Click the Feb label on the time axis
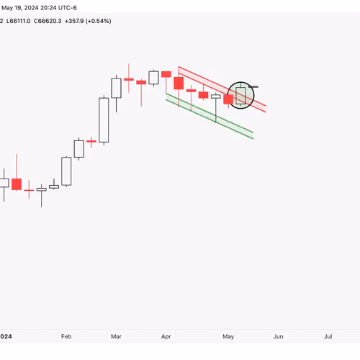click(66, 336)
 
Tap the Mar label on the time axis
click(116, 336)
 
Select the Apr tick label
click(166, 336)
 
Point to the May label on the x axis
click(228, 336)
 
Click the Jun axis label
click(278, 336)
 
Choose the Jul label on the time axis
click(328, 336)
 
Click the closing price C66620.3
click(48, 21)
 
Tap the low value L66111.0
click(18, 21)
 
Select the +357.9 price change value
click(74, 21)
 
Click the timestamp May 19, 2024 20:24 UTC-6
click(39, 8)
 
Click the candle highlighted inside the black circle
click(240, 96)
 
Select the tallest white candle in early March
click(104, 120)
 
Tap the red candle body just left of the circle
click(228, 99)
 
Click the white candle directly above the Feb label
click(66, 171)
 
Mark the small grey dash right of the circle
click(253, 86)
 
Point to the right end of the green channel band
click(253, 135)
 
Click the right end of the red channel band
click(266, 109)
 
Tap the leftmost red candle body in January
click(17, 184)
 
